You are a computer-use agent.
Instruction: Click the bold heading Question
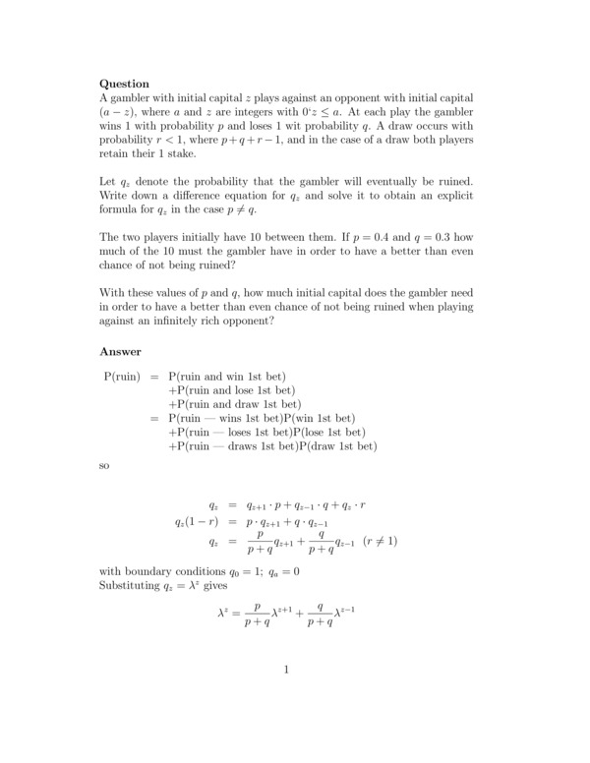tap(125, 85)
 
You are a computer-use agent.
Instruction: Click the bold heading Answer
tap(120, 351)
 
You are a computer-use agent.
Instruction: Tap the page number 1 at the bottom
tap(286, 671)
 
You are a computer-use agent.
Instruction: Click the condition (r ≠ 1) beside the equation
tap(380, 541)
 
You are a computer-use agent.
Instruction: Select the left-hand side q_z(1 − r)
tap(196, 520)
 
